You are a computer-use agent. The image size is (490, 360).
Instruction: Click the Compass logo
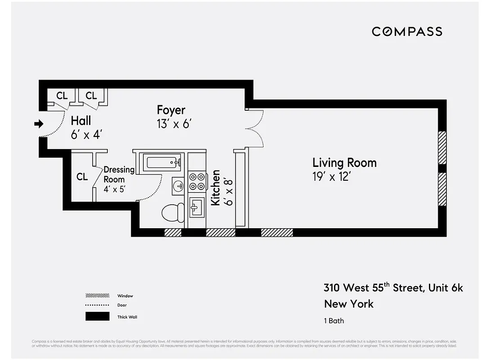407,31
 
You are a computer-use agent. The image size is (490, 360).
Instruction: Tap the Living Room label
344,162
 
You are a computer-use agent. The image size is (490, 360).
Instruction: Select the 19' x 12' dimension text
331,176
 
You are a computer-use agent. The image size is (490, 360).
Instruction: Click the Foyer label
171,110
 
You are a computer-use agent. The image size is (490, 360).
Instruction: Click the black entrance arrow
39,123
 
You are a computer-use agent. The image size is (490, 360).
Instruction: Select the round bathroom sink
178,185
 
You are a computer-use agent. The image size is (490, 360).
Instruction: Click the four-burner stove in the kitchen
196,181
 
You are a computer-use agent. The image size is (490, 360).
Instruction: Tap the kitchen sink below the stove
196,207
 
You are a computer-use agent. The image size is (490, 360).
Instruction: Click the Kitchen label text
216,188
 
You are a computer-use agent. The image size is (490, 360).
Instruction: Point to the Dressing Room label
119,174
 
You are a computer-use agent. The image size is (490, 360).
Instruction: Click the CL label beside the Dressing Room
82,177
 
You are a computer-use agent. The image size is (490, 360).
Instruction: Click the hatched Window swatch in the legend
97,296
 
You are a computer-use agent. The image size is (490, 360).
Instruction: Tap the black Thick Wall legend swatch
97,316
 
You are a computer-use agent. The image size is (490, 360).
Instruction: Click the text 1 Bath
334,321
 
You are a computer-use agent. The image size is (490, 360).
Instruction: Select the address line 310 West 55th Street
393,288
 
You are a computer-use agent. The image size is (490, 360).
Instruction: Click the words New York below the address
348,304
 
